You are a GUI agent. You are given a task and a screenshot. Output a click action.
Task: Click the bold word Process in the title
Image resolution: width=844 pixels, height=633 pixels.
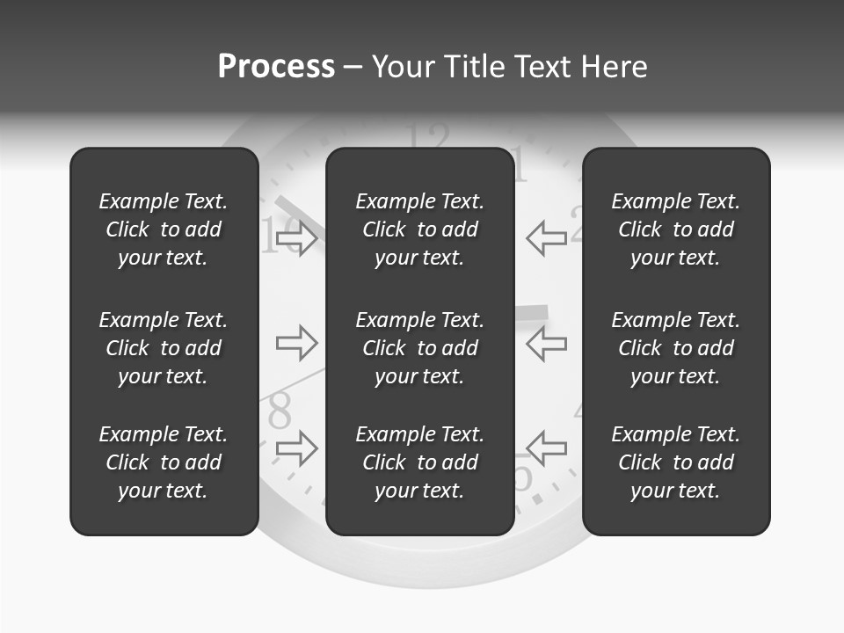[x=276, y=67]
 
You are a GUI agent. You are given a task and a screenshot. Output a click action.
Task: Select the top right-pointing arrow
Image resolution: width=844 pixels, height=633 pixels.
[x=296, y=238]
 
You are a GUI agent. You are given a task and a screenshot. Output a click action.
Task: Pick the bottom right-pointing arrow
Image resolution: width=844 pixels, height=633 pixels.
[x=296, y=447]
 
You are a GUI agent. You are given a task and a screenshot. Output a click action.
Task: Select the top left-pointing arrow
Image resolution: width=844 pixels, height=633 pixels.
[x=547, y=238]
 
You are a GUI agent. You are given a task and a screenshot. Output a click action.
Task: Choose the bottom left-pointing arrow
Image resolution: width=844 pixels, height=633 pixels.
[x=547, y=447]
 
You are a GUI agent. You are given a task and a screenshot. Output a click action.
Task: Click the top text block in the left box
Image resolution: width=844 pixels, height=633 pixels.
[x=164, y=229]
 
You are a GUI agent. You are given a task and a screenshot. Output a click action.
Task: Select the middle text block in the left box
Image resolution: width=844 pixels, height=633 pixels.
[x=164, y=348]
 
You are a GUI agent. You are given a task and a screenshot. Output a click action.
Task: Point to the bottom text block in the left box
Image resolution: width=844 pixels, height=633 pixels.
[x=164, y=462]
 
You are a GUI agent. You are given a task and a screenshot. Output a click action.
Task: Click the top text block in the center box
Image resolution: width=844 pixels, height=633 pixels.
[x=420, y=229]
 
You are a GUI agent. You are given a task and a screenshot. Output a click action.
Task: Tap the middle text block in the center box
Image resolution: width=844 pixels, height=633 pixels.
[x=420, y=348]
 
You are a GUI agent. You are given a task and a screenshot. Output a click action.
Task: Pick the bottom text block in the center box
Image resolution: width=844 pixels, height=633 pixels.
[x=420, y=462]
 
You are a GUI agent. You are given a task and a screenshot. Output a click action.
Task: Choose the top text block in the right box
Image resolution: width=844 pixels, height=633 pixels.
[x=676, y=229]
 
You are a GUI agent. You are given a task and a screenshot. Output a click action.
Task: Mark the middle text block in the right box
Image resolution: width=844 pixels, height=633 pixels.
[x=676, y=348]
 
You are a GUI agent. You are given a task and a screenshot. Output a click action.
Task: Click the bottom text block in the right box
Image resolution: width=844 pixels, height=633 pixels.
[x=676, y=462]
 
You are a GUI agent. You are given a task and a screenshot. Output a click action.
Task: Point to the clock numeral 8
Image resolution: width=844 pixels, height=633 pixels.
[x=280, y=410]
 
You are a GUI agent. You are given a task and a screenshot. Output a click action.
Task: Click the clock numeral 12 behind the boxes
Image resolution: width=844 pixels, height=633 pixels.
[x=430, y=136]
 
